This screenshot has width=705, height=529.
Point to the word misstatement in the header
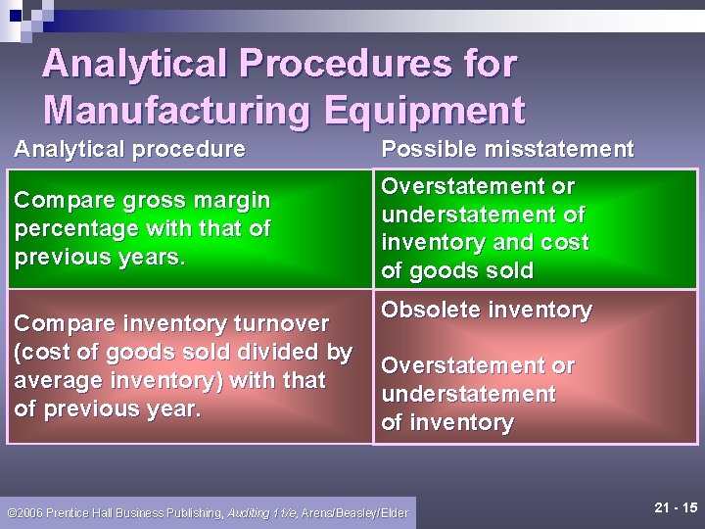[557, 149]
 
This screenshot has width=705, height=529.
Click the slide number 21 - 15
[675, 507]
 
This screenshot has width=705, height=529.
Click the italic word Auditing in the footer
[250, 512]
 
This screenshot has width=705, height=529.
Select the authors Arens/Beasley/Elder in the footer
[354, 512]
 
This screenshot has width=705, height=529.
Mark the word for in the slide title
[485, 65]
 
